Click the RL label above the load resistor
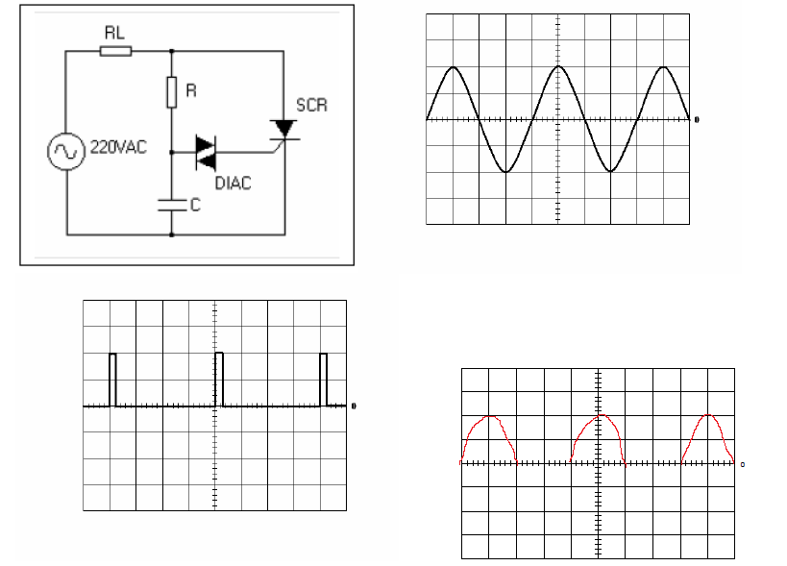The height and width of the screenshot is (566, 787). click(114, 33)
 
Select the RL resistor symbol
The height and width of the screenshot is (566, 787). click(116, 51)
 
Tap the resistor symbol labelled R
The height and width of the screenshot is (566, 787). click(172, 92)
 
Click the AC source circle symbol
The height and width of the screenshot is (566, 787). click(65, 151)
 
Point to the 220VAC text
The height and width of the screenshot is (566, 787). click(118, 147)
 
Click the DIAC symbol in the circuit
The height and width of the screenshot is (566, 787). click(206, 153)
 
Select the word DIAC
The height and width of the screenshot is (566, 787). click(233, 184)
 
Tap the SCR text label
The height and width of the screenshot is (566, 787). click(311, 106)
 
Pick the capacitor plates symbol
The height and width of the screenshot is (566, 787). click(172, 205)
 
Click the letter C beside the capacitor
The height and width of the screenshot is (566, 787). click(195, 205)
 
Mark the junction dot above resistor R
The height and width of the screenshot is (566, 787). click(172, 51)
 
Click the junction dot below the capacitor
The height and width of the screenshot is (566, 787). click(172, 234)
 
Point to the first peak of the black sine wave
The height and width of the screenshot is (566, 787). click(454, 66)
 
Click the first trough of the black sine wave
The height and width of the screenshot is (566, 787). click(505, 172)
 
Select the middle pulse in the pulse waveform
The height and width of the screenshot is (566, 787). click(219, 380)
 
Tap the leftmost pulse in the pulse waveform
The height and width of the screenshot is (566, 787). click(113, 380)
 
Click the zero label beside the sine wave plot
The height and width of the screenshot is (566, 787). click(697, 119)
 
